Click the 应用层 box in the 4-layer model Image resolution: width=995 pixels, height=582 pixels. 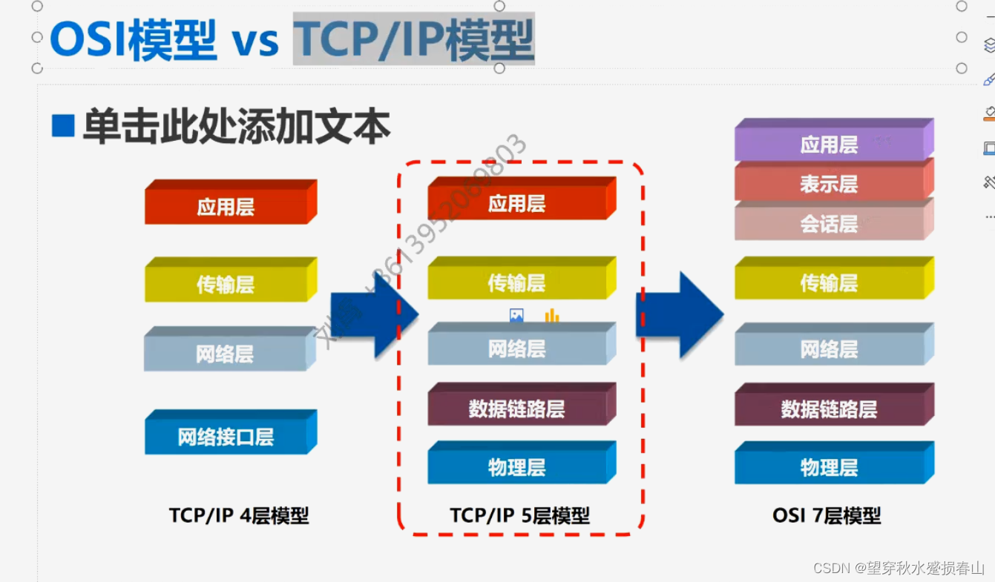pos(226,206)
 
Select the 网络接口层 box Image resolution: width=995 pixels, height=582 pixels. pos(226,437)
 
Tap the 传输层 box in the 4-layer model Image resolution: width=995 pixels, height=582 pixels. pos(226,284)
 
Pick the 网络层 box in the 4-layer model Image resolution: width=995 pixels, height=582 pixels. pos(226,354)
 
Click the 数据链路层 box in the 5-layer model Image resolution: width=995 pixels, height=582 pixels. pos(517,409)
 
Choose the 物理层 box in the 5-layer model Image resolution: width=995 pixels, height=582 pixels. pos(517,467)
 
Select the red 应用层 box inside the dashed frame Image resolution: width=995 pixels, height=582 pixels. pos(517,203)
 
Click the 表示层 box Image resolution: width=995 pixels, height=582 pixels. pos(829,184)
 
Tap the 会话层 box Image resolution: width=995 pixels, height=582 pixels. pos(829,224)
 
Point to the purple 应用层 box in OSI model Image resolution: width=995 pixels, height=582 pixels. pos(829,145)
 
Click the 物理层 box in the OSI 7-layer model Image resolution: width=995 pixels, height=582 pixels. pos(829,467)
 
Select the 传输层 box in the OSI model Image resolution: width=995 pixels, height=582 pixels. pos(829,282)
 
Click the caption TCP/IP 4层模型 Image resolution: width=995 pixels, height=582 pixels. pos(239,515)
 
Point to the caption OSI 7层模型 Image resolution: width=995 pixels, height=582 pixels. pos(827,515)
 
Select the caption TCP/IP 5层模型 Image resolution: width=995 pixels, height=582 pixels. pos(519,515)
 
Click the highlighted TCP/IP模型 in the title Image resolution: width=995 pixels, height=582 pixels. pos(413,39)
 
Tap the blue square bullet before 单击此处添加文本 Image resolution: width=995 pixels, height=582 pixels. pos(63,126)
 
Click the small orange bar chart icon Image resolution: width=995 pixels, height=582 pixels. pos(551,317)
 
